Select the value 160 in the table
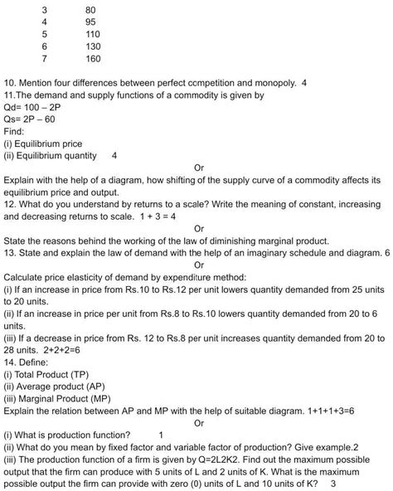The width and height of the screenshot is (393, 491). coord(93,59)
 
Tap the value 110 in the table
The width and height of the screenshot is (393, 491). coord(93,35)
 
